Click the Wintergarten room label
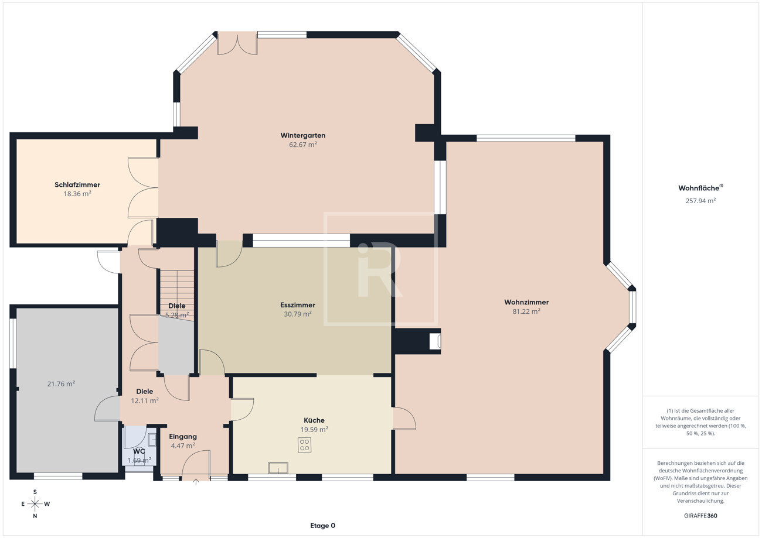[x=303, y=135]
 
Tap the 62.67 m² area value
[x=303, y=145]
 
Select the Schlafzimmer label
[x=77, y=185]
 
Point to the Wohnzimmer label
[x=526, y=302]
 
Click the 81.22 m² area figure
[x=526, y=311]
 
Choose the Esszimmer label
[x=298, y=305]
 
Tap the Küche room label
[x=314, y=420]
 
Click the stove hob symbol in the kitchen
[x=304, y=446]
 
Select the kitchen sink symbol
[x=278, y=468]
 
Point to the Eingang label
[x=183, y=437]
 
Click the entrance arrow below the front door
[x=196, y=481]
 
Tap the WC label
[x=139, y=451]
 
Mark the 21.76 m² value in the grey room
[x=61, y=384]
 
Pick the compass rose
[x=35, y=503]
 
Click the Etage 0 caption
[x=322, y=526]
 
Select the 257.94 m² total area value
[x=700, y=201]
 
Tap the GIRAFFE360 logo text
[x=700, y=516]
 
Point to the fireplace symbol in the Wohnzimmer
[x=435, y=341]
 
